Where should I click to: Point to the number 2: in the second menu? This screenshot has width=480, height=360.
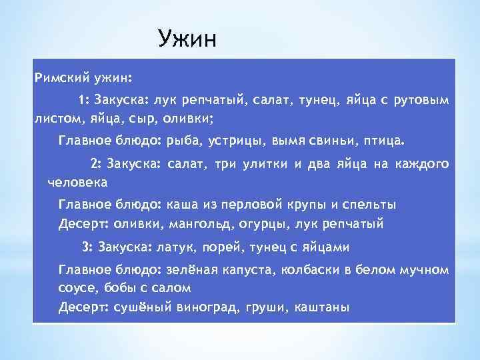pos(95,164)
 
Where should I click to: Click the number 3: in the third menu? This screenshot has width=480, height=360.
pos(87,247)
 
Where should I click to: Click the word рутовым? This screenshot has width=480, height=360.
pos(422,101)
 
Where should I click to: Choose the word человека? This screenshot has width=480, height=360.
pos(78,181)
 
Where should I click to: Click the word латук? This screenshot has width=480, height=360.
pos(174,247)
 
